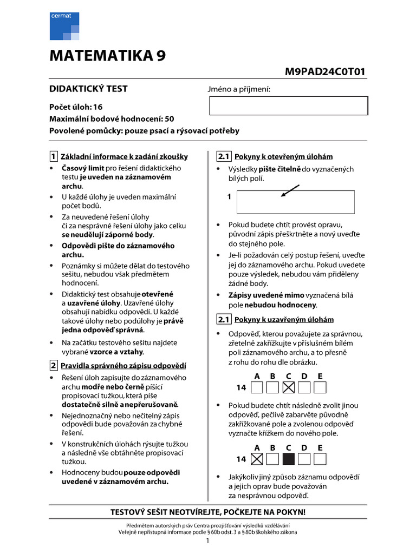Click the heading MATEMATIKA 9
[x=108, y=56]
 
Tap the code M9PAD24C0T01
[x=325, y=72]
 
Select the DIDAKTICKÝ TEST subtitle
[x=89, y=89]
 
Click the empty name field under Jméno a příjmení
[x=288, y=105]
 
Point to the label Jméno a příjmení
[x=239, y=89]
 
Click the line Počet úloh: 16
[x=76, y=107]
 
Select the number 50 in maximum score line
[x=169, y=119]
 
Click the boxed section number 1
[x=54, y=157]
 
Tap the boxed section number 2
[x=54, y=365]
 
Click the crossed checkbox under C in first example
[x=289, y=387]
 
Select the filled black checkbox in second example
[x=289, y=459]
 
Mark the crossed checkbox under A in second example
[x=257, y=459]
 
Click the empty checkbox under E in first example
[x=320, y=387]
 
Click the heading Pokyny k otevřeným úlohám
[x=283, y=157]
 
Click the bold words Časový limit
[x=82, y=168]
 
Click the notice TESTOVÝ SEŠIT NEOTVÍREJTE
[x=208, y=512]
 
